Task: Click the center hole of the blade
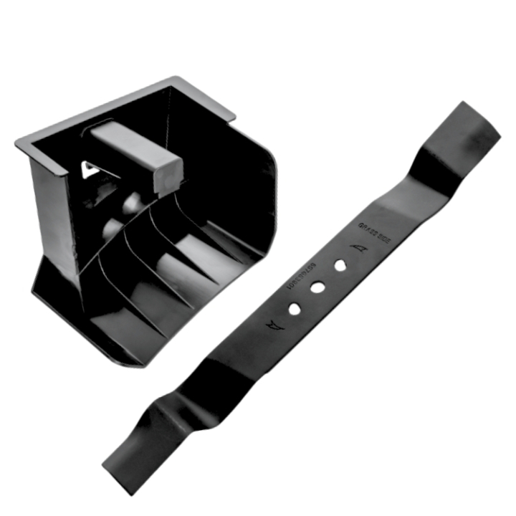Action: pyautogui.click(x=316, y=287)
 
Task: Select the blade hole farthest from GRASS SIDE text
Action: pyautogui.click(x=294, y=309)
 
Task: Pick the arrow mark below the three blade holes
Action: pyautogui.click(x=276, y=326)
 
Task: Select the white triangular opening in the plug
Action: pyautogui.click(x=90, y=169)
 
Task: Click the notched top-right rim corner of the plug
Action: pyautogui.click(x=228, y=111)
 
